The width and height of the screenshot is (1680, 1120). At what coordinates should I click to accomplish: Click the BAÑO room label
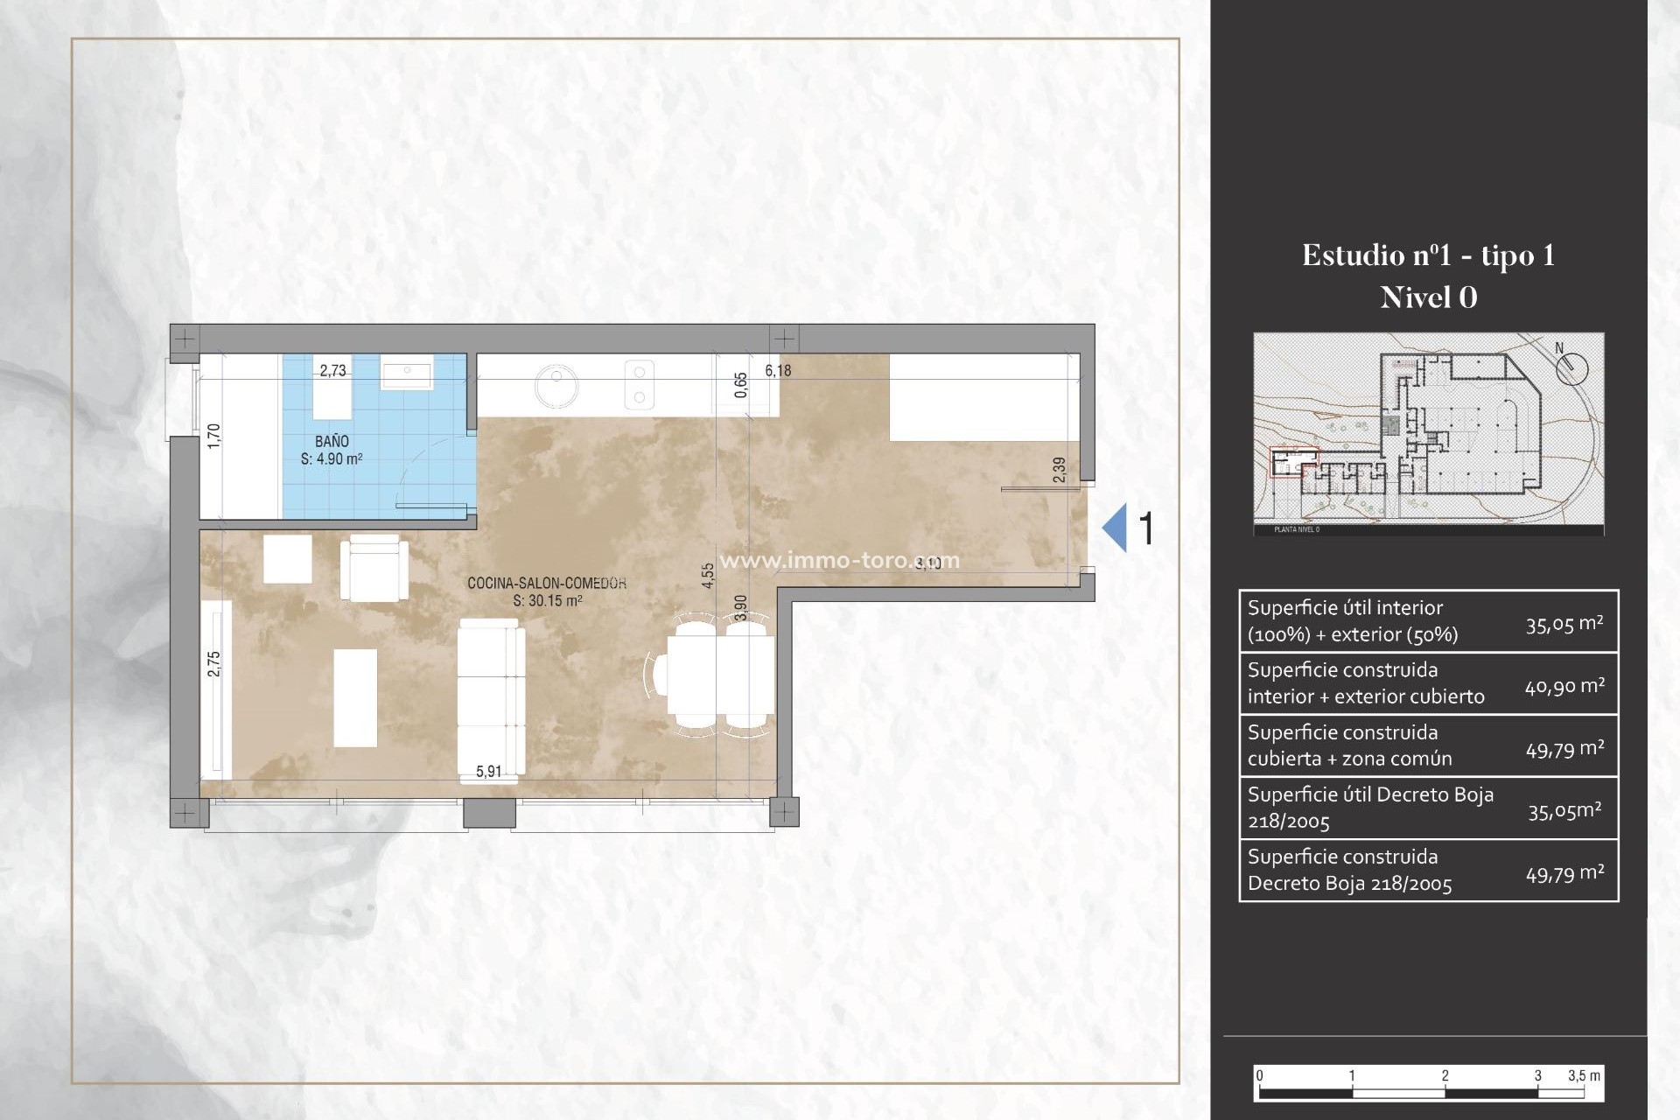[x=332, y=442]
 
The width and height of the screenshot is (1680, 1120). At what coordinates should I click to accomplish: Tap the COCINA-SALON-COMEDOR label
[x=546, y=583]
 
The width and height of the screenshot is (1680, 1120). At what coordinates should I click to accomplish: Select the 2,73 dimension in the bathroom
[x=332, y=370]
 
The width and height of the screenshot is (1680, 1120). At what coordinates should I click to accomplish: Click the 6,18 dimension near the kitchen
[x=778, y=370]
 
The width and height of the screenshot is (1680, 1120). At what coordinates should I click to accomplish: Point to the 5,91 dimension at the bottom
[x=488, y=771]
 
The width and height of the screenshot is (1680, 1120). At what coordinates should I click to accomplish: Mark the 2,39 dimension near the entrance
[x=1060, y=470]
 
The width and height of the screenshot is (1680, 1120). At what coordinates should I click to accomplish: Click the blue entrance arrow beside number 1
[x=1115, y=528]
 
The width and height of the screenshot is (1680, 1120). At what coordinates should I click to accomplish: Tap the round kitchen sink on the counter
[x=556, y=385]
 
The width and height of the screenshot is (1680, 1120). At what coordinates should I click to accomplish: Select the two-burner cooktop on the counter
[x=639, y=385]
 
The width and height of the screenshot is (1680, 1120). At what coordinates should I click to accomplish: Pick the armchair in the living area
[x=374, y=569]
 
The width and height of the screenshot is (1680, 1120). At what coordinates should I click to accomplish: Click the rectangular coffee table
[x=355, y=697]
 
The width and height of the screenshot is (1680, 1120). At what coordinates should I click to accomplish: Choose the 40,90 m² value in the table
[x=1564, y=686]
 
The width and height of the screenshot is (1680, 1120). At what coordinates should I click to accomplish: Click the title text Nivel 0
[x=1428, y=297]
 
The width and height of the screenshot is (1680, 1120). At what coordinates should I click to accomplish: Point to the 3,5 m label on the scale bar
[x=1584, y=1075]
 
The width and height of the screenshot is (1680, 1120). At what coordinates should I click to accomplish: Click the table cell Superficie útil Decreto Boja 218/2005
[x=1370, y=808]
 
